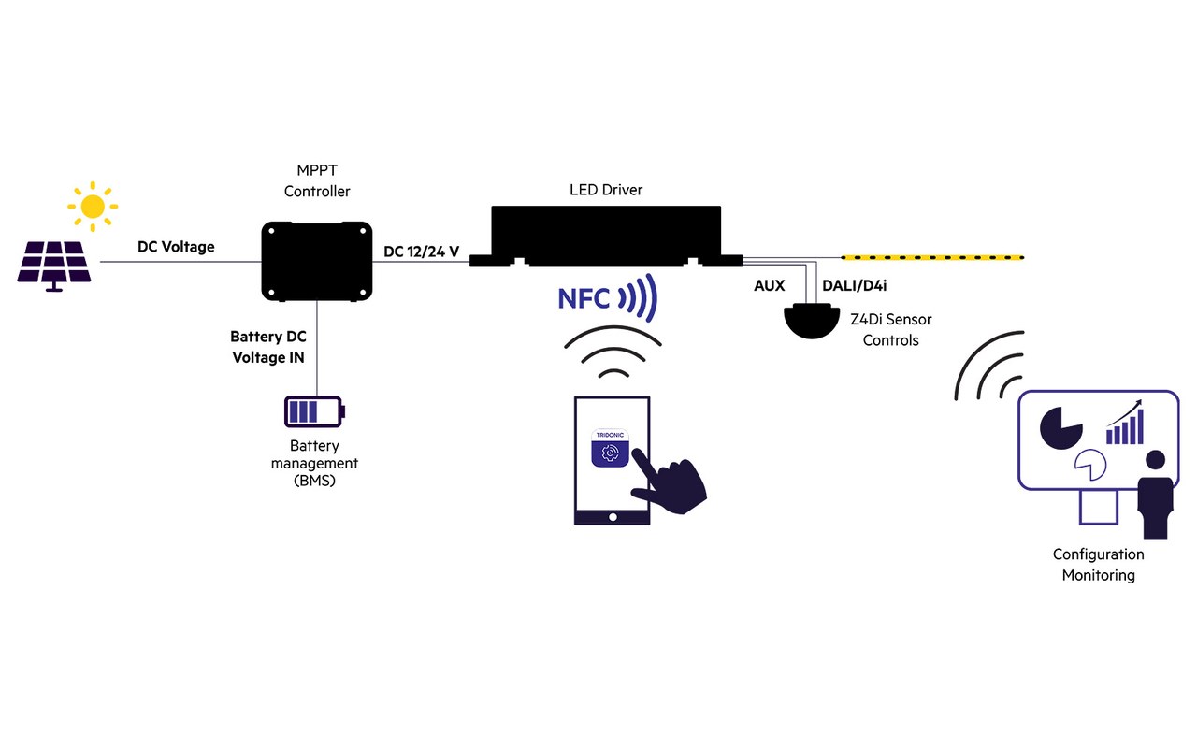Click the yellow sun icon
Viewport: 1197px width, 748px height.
pyautogui.click(x=92, y=206)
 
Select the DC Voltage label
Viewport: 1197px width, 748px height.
pyautogui.click(x=176, y=247)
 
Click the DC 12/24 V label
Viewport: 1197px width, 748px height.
pyautogui.click(x=422, y=251)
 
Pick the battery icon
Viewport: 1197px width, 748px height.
pyautogui.click(x=314, y=411)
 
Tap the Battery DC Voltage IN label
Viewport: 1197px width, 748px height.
pyautogui.click(x=267, y=346)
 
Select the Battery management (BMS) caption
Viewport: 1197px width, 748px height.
pyautogui.click(x=314, y=463)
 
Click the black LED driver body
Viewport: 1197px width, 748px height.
pyautogui.click(x=606, y=234)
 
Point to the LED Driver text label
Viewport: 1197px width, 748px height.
pyautogui.click(x=606, y=190)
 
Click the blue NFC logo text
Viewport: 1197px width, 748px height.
pyautogui.click(x=584, y=299)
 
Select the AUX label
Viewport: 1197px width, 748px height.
pyautogui.click(x=769, y=285)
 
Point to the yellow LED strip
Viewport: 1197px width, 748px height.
pyautogui.click(x=932, y=256)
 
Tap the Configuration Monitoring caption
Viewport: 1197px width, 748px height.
pyautogui.click(x=1098, y=565)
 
